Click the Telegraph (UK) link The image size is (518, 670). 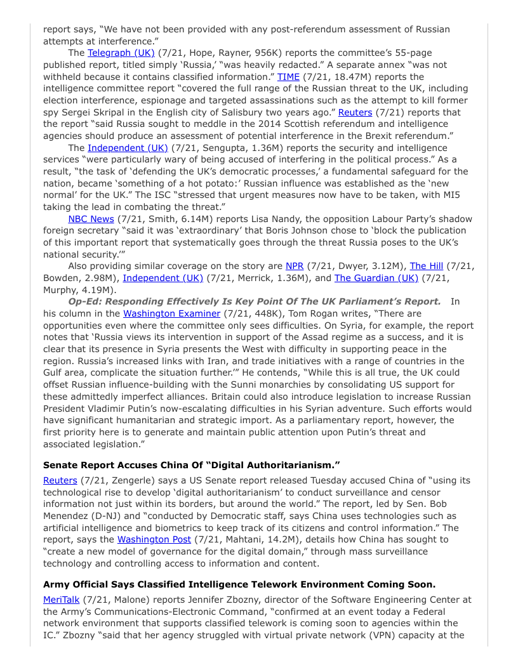tap(121, 53)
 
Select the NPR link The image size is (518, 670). tap(295, 266)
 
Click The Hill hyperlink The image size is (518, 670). tap(426, 266)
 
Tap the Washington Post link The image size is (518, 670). tap(149, 540)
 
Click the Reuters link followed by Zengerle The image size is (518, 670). tap(60, 480)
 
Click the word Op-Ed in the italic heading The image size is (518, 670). tap(84, 301)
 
